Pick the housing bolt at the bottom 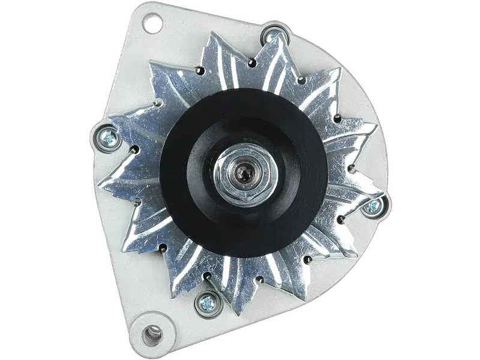(x=209, y=302)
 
